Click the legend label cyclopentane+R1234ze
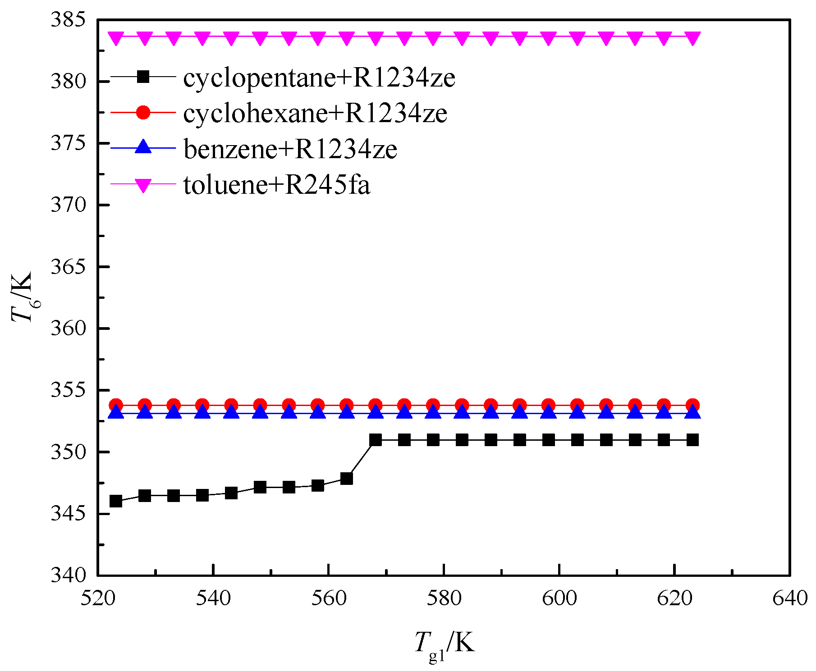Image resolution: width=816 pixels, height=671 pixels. point(319,78)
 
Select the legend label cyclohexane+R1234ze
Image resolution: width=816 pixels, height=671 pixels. point(315,113)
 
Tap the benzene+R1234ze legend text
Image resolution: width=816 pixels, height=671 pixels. point(290,149)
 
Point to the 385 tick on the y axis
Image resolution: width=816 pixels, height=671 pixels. point(68,20)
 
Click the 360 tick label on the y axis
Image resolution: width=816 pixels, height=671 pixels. point(68,329)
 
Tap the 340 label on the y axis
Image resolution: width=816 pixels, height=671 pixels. point(68,575)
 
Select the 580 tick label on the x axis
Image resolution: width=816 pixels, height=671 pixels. point(444,598)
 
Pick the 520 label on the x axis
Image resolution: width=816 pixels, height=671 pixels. point(98,598)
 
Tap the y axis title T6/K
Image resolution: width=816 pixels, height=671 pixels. point(23,297)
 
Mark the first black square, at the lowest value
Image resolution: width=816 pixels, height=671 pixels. point(116,501)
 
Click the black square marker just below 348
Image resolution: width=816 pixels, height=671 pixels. point(346,479)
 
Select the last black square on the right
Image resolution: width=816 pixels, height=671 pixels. point(692,440)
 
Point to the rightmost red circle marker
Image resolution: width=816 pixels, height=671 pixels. point(692,405)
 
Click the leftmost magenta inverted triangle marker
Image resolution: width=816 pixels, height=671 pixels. point(116,38)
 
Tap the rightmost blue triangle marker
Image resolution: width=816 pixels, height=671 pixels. point(692,412)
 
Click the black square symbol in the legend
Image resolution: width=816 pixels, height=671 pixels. point(143,77)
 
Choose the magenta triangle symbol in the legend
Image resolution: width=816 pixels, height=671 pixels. point(143,185)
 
